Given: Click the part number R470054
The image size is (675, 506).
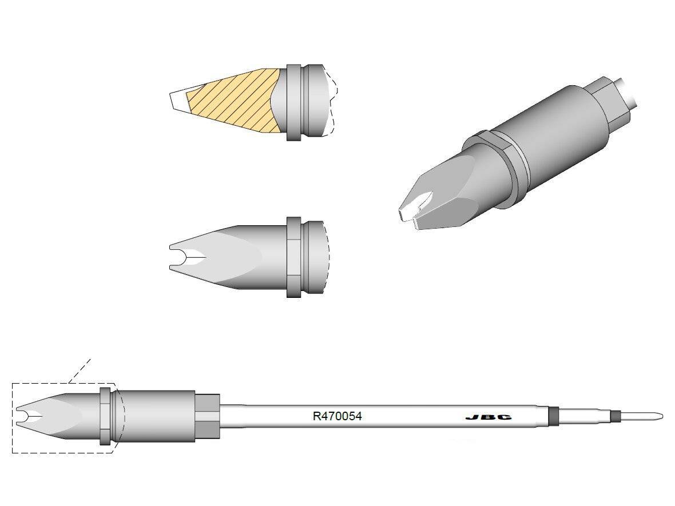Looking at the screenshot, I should pyautogui.click(x=337, y=416).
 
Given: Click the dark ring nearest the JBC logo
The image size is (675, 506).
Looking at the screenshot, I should pyautogui.click(x=553, y=416).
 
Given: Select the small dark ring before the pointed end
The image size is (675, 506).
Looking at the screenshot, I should pyautogui.click(x=616, y=416).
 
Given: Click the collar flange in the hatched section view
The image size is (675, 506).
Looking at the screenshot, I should pyautogui.click(x=293, y=102).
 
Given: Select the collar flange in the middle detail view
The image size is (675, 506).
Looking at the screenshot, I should pyautogui.click(x=293, y=257).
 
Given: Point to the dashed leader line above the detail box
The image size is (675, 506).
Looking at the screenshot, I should pyautogui.click(x=80, y=370).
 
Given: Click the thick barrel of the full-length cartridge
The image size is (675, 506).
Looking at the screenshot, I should pyautogui.click(x=157, y=416).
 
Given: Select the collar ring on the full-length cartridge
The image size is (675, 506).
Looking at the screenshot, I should pyautogui.click(x=105, y=416).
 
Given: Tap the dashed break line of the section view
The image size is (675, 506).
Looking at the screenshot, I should pyautogui.click(x=332, y=103).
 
